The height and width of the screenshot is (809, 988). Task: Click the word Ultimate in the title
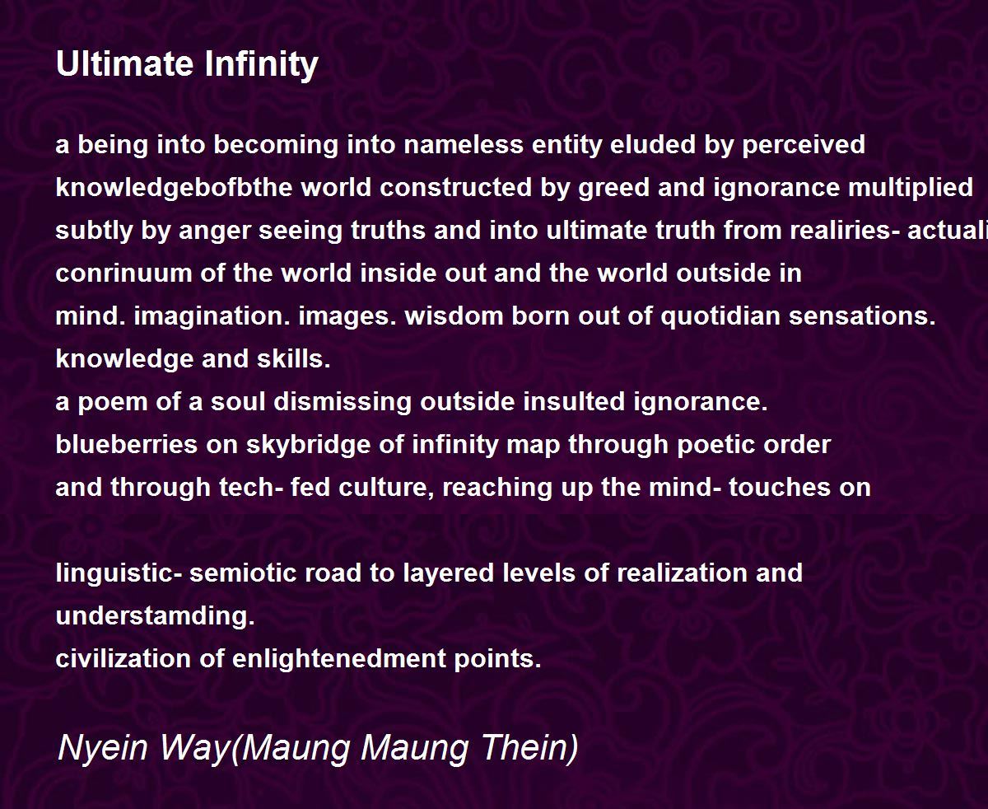tap(124, 63)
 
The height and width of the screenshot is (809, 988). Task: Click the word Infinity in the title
tap(261, 65)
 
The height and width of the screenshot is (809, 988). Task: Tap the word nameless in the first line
tap(464, 144)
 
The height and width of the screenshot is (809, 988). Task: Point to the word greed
tap(613, 189)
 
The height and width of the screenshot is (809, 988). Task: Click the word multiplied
tap(911, 189)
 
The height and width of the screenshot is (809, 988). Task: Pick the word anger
tap(215, 231)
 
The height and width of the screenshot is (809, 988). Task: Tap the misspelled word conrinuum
tap(123, 274)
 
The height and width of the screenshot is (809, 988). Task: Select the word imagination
tap(212, 317)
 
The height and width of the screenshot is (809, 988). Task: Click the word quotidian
tap(720, 317)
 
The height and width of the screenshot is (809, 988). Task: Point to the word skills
tap(294, 359)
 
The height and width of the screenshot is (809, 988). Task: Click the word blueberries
tap(127, 445)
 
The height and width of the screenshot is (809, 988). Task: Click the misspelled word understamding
tap(155, 616)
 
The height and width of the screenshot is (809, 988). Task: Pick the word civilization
tap(123, 659)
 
